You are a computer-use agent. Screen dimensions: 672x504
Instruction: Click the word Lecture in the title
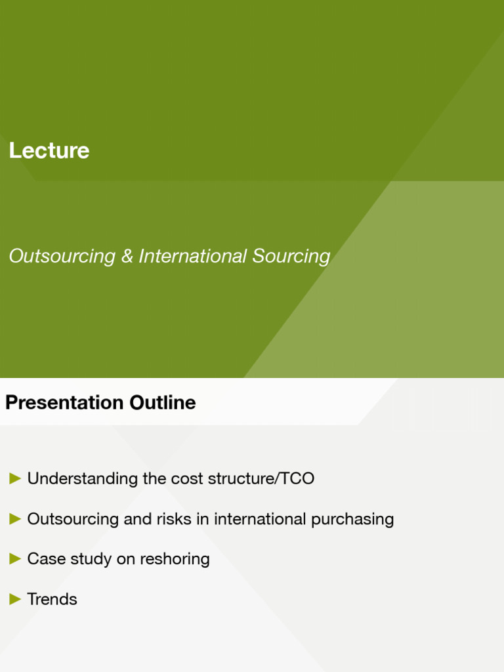coord(49,151)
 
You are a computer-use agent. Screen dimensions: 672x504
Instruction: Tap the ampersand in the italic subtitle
coord(127,256)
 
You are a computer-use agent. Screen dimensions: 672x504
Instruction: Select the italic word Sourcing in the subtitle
coord(292,256)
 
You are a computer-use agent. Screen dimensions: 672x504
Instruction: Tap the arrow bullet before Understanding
coord(15,479)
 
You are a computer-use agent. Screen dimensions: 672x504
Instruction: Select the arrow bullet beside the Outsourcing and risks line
coord(15,519)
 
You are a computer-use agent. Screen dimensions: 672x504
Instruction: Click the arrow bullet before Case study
coord(15,559)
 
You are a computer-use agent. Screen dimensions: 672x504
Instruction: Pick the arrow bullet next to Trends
coord(15,599)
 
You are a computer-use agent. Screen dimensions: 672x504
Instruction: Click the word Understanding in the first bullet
coord(83,479)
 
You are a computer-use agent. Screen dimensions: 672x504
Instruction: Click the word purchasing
coord(352,519)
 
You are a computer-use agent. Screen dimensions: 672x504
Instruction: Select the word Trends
coord(52,599)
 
